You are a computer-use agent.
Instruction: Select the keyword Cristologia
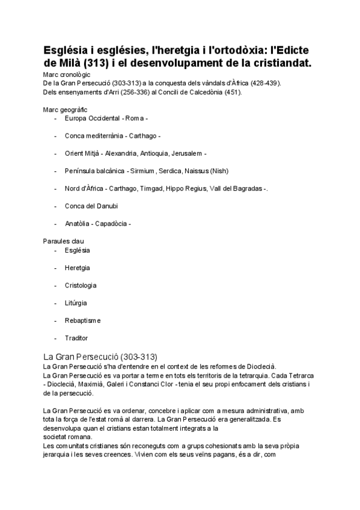tap(81, 285)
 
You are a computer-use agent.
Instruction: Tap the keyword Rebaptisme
tap(83, 321)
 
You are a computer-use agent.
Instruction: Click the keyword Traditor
tap(76, 338)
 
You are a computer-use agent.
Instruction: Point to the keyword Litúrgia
tap(76, 303)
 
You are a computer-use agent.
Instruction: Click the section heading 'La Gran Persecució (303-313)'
tap(100, 356)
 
